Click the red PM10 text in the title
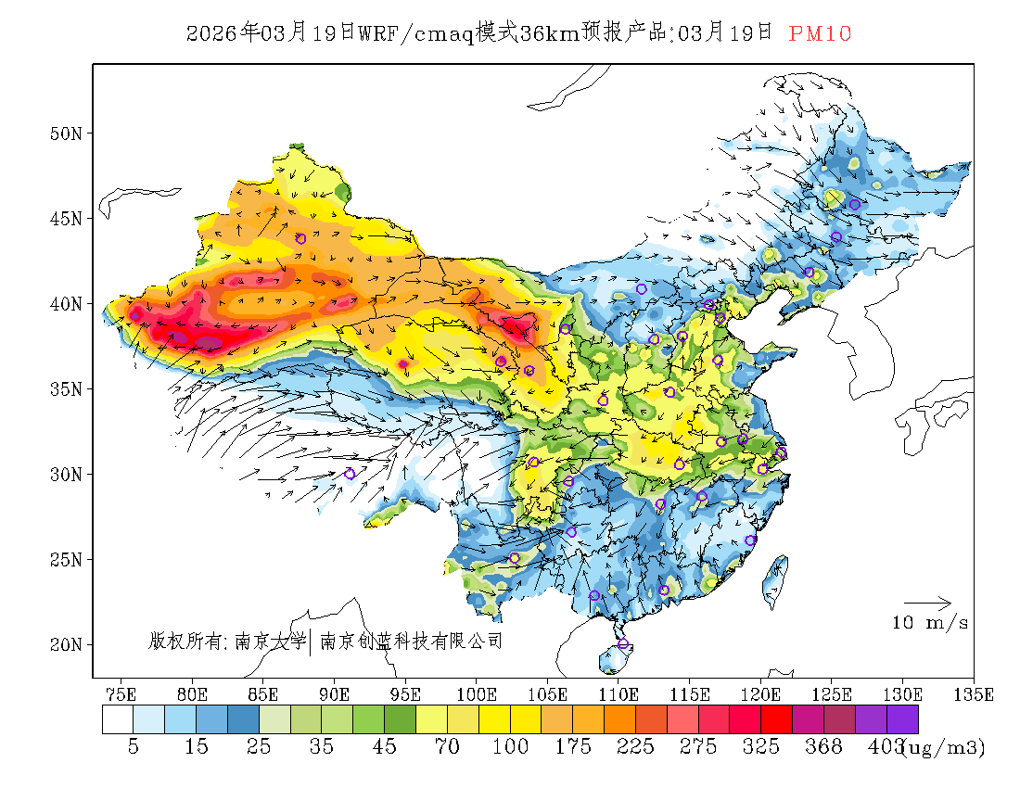pyautogui.click(x=820, y=33)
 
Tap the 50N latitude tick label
pyautogui.click(x=65, y=133)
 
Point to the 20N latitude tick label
pyautogui.click(x=65, y=644)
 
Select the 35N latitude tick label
pyautogui.click(x=65, y=389)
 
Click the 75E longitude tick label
pyautogui.click(x=121, y=694)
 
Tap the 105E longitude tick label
pyautogui.click(x=547, y=694)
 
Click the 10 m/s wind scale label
pyautogui.click(x=930, y=623)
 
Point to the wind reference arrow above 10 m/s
pyautogui.click(x=927, y=604)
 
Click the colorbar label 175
pyautogui.click(x=573, y=747)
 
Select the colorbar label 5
pyautogui.click(x=134, y=747)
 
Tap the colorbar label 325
pyautogui.click(x=761, y=747)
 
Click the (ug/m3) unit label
pyautogui.click(x=944, y=747)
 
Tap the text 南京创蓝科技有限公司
pyautogui.click(x=411, y=641)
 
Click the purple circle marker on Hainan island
pyautogui.click(x=623, y=644)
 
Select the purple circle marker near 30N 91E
pyautogui.click(x=350, y=474)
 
